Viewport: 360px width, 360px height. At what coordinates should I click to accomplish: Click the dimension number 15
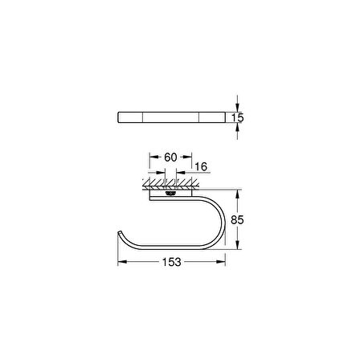[238, 118]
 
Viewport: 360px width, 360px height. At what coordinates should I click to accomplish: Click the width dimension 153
[170, 262]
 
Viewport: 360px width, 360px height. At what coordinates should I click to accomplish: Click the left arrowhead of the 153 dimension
[121, 262]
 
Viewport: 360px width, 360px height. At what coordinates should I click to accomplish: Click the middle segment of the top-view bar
[170, 117]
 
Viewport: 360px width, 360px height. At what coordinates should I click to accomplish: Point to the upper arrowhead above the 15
[237, 104]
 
